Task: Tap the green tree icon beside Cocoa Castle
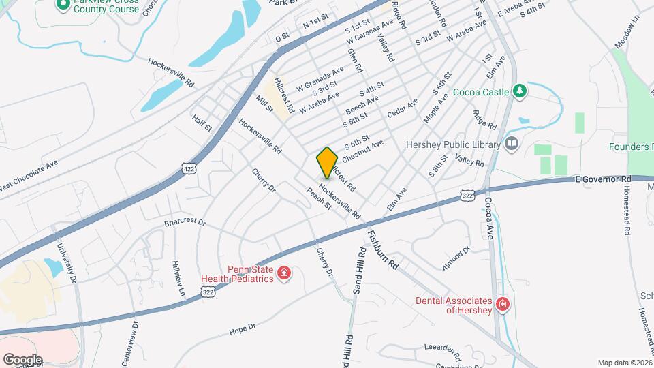(520, 91)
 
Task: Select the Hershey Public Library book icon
(511, 144)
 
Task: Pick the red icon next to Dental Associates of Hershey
(503, 304)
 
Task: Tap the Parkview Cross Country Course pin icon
(63, 5)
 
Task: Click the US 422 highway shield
(189, 168)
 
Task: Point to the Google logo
(22, 359)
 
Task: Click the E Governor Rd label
(603, 179)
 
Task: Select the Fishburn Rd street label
(382, 248)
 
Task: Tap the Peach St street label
(319, 198)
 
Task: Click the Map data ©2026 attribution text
(623, 362)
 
